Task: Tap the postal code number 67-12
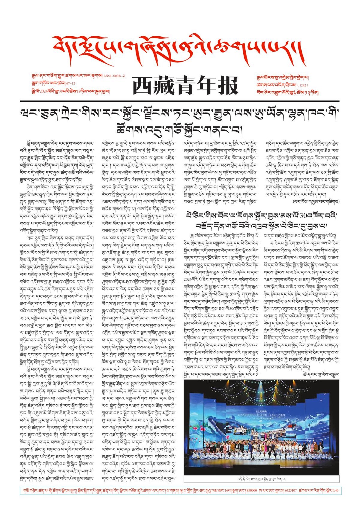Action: click(70, 83)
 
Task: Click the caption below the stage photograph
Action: click(261, 479)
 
